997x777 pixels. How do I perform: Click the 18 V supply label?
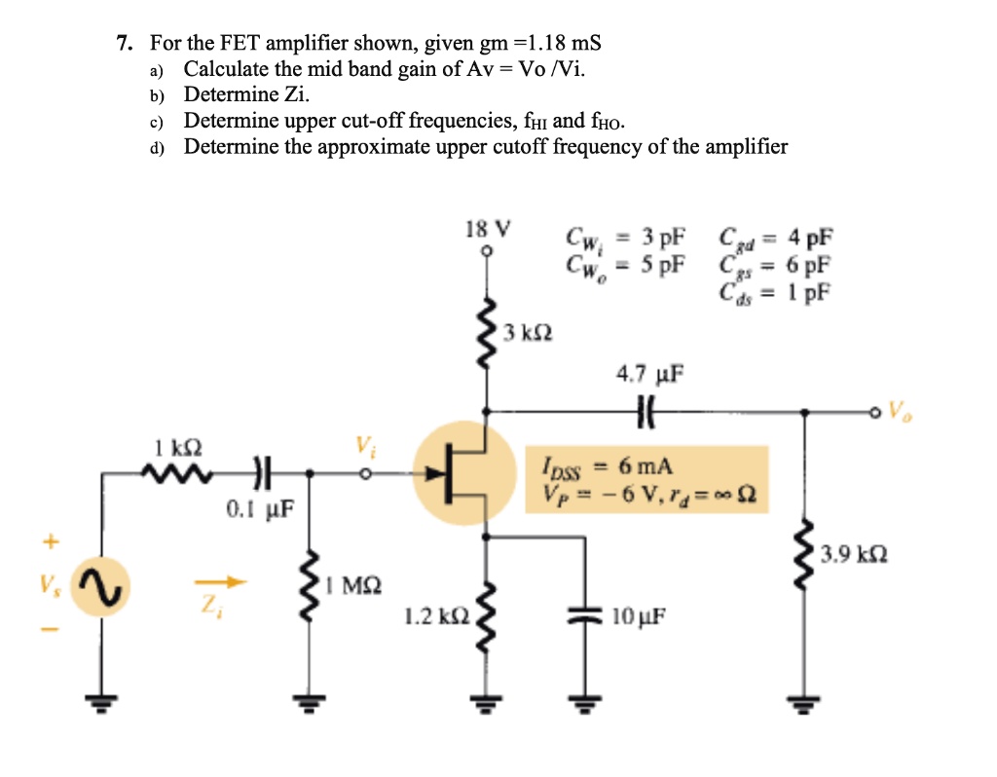point(487,230)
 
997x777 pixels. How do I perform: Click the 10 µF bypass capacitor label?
point(639,616)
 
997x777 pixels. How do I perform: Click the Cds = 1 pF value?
point(776,291)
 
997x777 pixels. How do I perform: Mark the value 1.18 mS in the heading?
point(564,43)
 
